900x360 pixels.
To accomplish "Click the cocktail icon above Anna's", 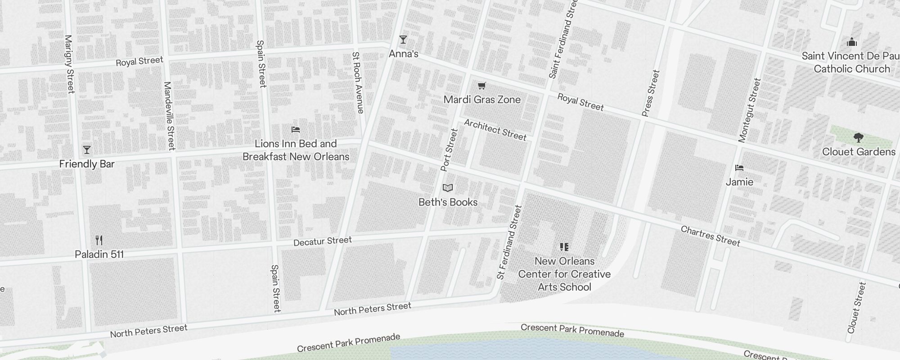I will [x=403, y=40].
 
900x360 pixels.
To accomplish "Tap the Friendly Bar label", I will [x=87, y=164].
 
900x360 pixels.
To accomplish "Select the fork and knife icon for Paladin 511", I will [x=99, y=240].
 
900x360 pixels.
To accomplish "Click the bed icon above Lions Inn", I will [x=296, y=130].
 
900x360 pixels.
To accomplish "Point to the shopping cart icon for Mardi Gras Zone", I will [x=482, y=85].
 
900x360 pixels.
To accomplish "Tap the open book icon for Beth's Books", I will [x=448, y=188].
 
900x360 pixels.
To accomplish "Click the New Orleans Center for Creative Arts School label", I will [x=564, y=274].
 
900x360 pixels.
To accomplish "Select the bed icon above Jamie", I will [x=739, y=168].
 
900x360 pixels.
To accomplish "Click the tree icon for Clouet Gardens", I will [x=858, y=137].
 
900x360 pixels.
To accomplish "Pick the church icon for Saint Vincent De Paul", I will [x=851, y=42].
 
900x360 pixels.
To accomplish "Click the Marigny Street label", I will [x=69, y=64].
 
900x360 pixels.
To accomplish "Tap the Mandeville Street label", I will [x=169, y=116].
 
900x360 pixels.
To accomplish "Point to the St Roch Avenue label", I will [x=357, y=82].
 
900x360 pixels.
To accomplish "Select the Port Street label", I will [x=449, y=150].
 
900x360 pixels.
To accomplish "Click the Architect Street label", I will [x=495, y=130].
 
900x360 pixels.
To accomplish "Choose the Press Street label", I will [x=651, y=93].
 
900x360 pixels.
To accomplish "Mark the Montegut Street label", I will [x=750, y=110].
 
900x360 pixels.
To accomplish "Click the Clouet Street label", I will [x=856, y=307].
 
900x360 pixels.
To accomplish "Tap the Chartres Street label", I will [x=710, y=236].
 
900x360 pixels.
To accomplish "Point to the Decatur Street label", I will [x=322, y=241].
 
